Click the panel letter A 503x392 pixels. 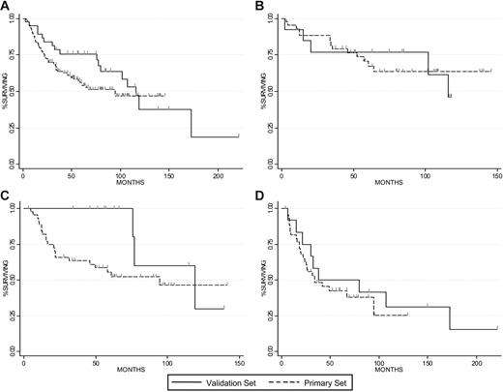[x=6, y=6]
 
